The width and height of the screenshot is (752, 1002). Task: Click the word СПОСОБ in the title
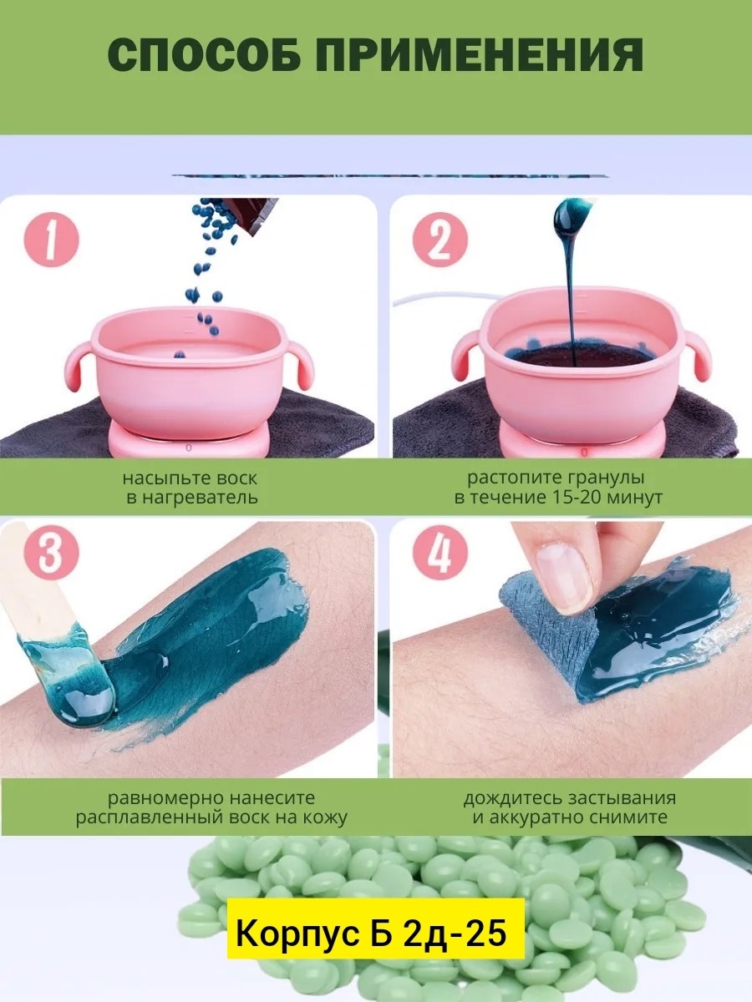pos(203,55)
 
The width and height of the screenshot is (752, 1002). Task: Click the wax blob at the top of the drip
pos(570,215)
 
